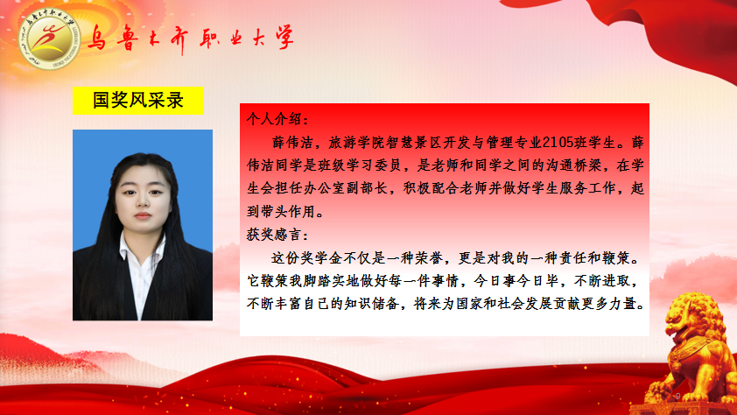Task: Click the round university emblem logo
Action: pos(49,39)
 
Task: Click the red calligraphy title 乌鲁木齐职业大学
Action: pos(190,38)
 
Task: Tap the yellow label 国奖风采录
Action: pos(138,100)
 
